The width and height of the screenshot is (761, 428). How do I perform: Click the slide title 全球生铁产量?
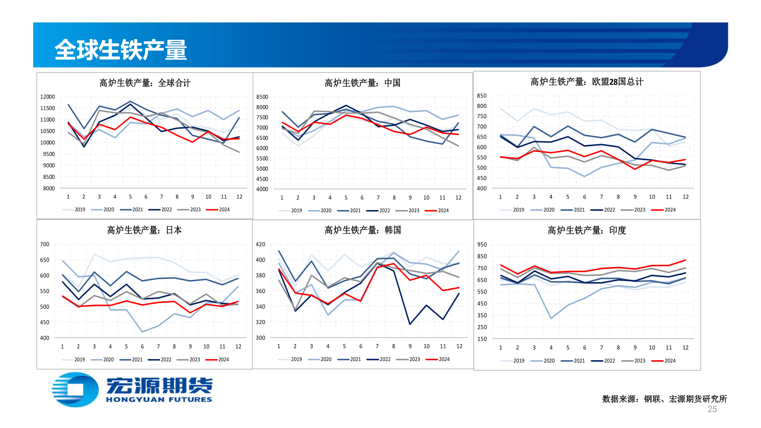tap(120, 50)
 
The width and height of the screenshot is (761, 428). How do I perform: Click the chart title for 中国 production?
tap(362, 83)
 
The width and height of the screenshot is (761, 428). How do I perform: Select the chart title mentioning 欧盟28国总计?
tap(587, 82)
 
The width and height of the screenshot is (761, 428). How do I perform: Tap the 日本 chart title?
tap(144, 230)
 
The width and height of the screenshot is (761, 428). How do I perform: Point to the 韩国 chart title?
tap(362, 230)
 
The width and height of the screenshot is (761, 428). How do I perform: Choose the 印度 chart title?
tap(587, 230)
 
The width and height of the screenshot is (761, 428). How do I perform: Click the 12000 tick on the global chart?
tap(48, 97)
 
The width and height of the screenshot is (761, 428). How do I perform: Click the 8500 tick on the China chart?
tap(262, 97)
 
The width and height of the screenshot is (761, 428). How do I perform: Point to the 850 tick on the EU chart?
tap(482, 96)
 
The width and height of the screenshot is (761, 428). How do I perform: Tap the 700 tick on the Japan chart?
tap(44, 245)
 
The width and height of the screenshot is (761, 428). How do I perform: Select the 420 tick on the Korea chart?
tap(260, 245)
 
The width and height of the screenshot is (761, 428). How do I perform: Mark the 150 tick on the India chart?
tap(482, 339)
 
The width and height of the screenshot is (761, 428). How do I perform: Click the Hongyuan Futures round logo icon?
tap(75, 390)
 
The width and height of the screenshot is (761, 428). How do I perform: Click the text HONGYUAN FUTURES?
tap(159, 399)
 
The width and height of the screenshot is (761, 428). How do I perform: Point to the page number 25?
tap(712, 409)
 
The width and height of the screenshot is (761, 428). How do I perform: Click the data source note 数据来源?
tap(664, 399)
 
